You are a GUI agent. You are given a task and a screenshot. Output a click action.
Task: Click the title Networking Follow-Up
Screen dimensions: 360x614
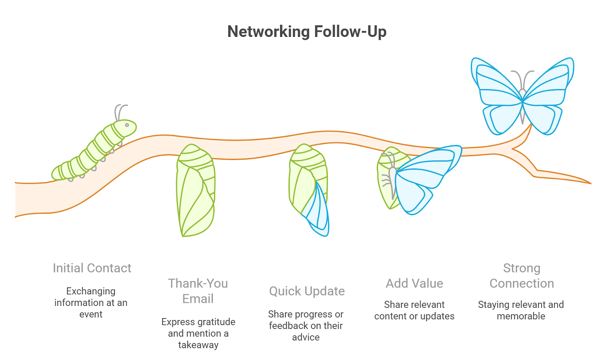tap(307, 31)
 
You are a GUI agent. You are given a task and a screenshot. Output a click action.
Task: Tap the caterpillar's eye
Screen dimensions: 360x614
tap(127, 125)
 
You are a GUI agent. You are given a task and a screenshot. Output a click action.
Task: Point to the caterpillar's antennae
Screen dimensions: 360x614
tap(120, 112)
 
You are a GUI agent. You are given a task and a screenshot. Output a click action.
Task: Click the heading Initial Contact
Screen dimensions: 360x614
tap(92, 268)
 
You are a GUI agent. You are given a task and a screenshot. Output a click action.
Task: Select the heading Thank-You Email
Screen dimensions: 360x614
tap(198, 291)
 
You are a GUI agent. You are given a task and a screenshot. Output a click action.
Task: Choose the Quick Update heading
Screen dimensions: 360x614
tap(307, 291)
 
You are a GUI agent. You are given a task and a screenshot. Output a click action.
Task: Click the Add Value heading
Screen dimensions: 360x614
tap(414, 284)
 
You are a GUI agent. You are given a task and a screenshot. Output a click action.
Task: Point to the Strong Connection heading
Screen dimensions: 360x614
tap(522, 276)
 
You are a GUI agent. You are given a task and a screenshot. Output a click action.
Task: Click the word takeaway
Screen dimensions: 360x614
tap(198, 345)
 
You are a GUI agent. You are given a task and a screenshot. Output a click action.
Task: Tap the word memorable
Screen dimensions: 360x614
tap(521, 316)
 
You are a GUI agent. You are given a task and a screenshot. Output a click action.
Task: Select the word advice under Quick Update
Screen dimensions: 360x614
tap(306, 337)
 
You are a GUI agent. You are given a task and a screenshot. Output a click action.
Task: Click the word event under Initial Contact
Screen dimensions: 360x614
tap(91, 314)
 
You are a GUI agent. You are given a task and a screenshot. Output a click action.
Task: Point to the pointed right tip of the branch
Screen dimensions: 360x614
tap(589, 183)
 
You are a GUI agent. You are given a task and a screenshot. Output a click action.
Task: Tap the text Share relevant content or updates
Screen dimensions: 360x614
tap(414, 310)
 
